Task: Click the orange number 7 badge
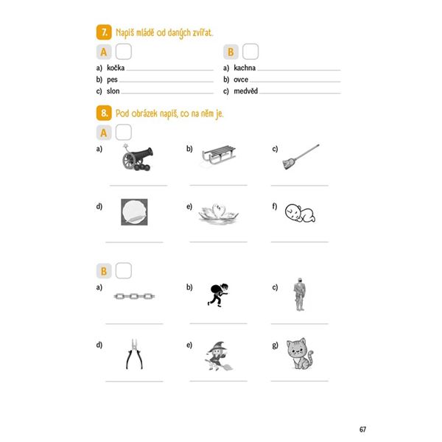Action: coord(104,32)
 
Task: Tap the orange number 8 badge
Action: coord(104,113)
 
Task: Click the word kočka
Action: coord(116,68)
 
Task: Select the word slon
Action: coord(113,91)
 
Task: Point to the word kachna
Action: coord(245,68)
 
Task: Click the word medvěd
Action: coord(246,91)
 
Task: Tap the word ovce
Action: coord(241,80)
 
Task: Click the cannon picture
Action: coord(138,158)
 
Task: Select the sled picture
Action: coord(219,155)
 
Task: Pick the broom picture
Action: coord(301,157)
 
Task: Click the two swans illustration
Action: coord(219,214)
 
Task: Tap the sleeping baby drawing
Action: coord(300,213)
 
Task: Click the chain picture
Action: coord(134,296)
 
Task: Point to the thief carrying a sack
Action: coord(218,295)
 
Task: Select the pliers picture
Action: coord(134,354)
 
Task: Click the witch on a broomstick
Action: coord(219,356)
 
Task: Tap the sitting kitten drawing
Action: coord(300,354)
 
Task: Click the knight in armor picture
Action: coord(300,295)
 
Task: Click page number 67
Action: coord(362,429)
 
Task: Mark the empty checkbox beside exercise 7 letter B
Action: coord(250,52)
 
